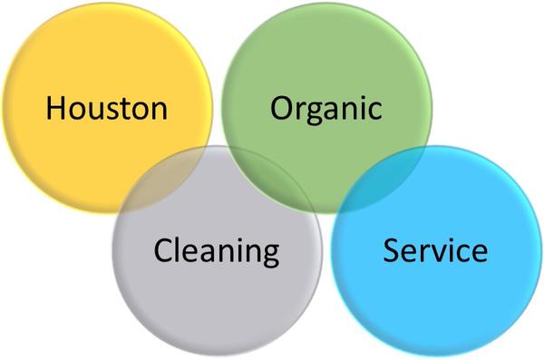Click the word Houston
[107, 109]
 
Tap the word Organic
[326, 109]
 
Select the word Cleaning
[217, 250]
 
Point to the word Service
[435, 250]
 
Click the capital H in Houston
[57, 109]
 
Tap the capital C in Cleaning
[163, 250]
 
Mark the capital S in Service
[392, 250]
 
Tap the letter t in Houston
[129, 110]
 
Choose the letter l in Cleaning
[180, 248]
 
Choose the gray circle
[218, 299]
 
